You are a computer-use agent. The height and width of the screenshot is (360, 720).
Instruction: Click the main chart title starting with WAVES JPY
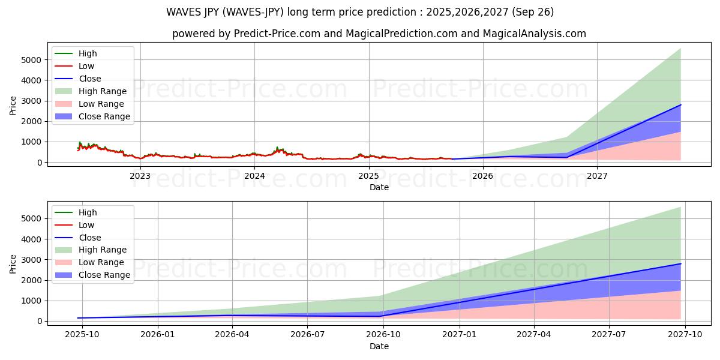(x=360, y=12)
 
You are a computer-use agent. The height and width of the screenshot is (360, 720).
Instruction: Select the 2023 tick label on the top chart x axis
(x=140, y=176)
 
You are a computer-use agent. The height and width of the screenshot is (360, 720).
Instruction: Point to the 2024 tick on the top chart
(x=254, y=176)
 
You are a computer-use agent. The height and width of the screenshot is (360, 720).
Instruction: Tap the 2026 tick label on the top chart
(x=482, y=176)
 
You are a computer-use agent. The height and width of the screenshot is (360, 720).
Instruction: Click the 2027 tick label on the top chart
(x=597, y=176)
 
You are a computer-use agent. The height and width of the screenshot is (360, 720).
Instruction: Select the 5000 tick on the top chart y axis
(x=33, y=60)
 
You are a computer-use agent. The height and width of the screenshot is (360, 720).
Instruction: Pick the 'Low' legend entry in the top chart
(x=86, y=66)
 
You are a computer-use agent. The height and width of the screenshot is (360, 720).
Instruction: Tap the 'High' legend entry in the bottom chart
(x=87, y=212)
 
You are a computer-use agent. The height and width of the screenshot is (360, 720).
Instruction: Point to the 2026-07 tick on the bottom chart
(x=307, y=335)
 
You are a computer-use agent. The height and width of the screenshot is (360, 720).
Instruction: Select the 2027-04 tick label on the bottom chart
(x=534, y=335)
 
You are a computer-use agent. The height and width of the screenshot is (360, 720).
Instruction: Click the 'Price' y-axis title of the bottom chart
(x=13, y=263)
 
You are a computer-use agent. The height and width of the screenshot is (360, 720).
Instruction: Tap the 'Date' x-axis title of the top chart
(x=379, y=187)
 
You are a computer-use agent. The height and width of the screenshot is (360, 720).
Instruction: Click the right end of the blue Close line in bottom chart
(x=680, y=264)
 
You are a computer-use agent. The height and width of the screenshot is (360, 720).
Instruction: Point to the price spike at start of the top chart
(x=80, y=143)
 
